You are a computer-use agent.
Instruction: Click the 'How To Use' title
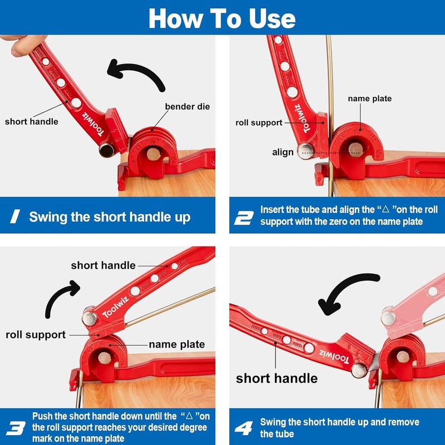[222, 18]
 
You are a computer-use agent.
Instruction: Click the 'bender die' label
[187, 106]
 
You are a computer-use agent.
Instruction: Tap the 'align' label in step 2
[283, 152]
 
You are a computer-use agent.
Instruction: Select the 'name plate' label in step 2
[369, 98]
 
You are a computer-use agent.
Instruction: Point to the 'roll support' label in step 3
[36, 335]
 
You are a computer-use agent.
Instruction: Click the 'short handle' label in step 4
[276, 378]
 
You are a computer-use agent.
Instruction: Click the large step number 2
[244, 218]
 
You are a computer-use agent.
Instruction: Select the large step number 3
[16, 428]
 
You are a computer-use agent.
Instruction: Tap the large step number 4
[244, 428]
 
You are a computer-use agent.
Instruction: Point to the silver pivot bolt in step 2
[305, 151]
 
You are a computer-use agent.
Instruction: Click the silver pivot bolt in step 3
[89, 318]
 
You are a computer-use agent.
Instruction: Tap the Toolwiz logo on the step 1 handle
[93, 124]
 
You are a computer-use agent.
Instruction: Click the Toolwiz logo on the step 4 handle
[334, 357]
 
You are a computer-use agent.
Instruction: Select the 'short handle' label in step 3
[103, 265]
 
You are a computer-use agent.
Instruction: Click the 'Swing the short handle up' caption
[110, 217]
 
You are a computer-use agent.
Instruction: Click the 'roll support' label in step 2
[259, 122]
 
